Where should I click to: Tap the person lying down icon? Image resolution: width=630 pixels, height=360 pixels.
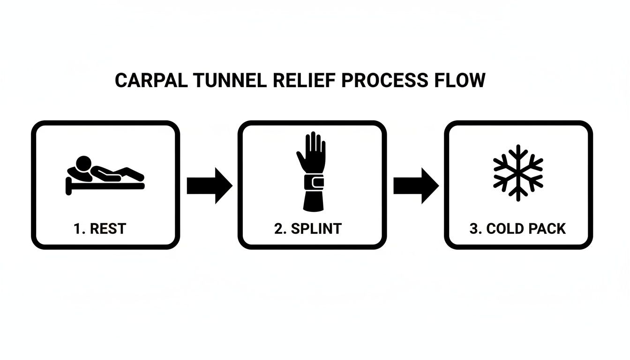(x=105, y=173)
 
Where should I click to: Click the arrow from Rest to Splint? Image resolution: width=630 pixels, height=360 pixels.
(x=209, y=185)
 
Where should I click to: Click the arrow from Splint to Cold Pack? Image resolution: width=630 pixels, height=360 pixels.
(x=415, y=185)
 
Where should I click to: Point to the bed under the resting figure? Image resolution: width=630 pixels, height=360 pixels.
(x=105, y=186)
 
